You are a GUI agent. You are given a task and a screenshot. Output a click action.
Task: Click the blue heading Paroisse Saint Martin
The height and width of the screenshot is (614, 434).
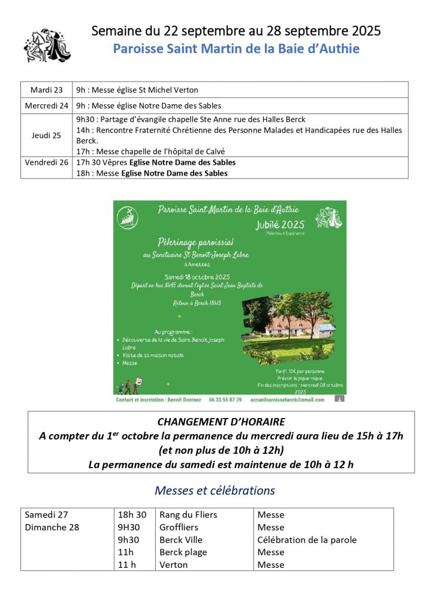click(236, 49)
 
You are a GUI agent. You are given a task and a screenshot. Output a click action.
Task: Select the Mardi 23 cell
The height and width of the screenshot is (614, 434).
click(46, 90)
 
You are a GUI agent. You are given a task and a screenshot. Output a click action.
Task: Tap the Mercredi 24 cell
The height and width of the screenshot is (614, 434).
click(46, 106)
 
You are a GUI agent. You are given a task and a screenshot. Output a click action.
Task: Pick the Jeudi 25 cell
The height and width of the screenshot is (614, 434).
click(46, 136)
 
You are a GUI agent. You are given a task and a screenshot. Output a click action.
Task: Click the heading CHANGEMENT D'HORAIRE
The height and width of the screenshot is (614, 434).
click(221, 422)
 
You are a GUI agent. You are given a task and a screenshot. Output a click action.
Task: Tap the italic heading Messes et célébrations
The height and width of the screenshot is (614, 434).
click(215, 490)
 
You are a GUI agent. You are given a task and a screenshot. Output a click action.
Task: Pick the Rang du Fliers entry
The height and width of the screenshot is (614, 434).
click(188, 514)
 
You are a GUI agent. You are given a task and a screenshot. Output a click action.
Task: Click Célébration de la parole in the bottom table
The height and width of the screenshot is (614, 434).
click(307, 540)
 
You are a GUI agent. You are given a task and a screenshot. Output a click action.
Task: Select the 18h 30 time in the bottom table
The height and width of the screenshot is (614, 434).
click(132, 514)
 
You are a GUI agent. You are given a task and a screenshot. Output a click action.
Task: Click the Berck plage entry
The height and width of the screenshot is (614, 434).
click(183, 552)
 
